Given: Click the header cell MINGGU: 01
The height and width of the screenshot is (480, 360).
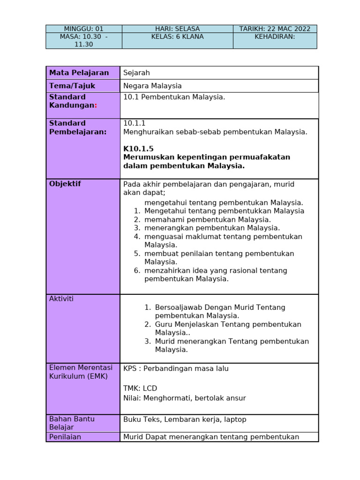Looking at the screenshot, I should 83,29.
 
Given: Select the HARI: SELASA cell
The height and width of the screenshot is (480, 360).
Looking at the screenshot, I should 177,29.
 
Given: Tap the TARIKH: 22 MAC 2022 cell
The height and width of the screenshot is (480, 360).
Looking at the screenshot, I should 275,29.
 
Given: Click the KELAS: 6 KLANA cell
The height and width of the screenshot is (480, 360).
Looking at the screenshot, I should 177,37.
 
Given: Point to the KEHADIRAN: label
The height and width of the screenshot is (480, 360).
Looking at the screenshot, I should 275,37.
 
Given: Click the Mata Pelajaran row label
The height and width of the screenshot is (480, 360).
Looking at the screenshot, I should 79,73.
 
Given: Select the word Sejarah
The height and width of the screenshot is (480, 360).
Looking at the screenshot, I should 136,73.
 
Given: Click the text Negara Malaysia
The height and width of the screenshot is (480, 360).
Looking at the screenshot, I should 152,86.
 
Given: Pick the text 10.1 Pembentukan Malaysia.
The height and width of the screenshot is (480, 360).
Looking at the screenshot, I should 174,97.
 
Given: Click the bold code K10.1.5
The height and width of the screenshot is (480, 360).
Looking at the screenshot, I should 138,149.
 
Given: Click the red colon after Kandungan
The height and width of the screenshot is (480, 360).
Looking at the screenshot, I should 96,105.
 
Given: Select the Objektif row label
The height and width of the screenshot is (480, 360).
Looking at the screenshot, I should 65,184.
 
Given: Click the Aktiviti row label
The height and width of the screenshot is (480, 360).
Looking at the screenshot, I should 61,299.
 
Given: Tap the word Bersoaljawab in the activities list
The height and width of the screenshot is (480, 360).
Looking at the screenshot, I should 177,307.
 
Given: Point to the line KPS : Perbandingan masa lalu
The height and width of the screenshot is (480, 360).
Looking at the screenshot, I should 176,368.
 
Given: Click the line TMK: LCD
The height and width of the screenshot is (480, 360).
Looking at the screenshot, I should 140,388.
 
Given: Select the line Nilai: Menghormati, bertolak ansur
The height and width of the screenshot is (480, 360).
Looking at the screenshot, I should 184,398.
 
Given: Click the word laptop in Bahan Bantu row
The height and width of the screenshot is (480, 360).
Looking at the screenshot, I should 234,420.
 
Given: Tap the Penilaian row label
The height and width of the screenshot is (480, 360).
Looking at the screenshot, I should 65,437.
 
